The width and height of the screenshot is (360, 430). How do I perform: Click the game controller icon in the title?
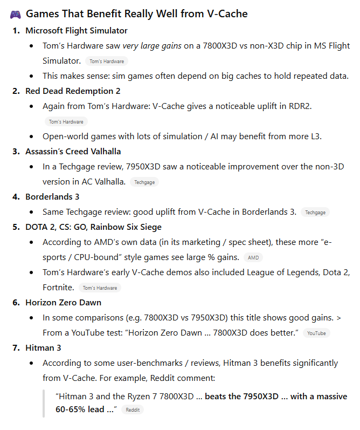[x=15, y=13]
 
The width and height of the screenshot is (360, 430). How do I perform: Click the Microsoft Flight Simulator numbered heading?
[x=77, y=31]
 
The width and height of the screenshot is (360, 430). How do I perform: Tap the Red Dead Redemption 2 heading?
[x=73, y=91]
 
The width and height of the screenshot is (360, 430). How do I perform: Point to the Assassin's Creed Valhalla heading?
[x=73, y=152]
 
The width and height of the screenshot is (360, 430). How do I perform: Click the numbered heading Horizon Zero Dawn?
[x=63, y=303]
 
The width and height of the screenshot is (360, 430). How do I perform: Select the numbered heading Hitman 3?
[x=43, y=348]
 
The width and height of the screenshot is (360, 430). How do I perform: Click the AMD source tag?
[x=253, y=258]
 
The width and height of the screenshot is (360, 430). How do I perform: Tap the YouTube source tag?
[x=316, y=333]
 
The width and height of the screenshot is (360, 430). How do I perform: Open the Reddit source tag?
[x=132, y=411]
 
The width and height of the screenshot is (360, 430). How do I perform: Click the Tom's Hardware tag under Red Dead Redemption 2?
[x=66, y=122]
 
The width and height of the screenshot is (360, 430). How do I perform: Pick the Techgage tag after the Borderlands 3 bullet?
[x=315, y=213]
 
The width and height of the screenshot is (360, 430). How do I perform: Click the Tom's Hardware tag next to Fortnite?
[x=100, y=288]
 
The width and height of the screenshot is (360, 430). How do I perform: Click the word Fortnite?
[x=58, y=288]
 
